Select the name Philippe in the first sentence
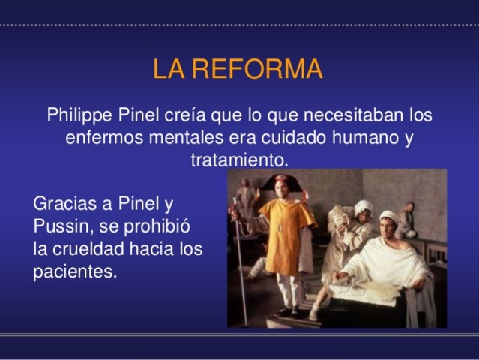coord(79,116)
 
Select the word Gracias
coord(63,203)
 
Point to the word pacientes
coord(75,271)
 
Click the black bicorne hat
coord(281,181)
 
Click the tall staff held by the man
coord(240,262)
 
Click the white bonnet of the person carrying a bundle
coord(364,205)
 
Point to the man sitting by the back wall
coord(407,218)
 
